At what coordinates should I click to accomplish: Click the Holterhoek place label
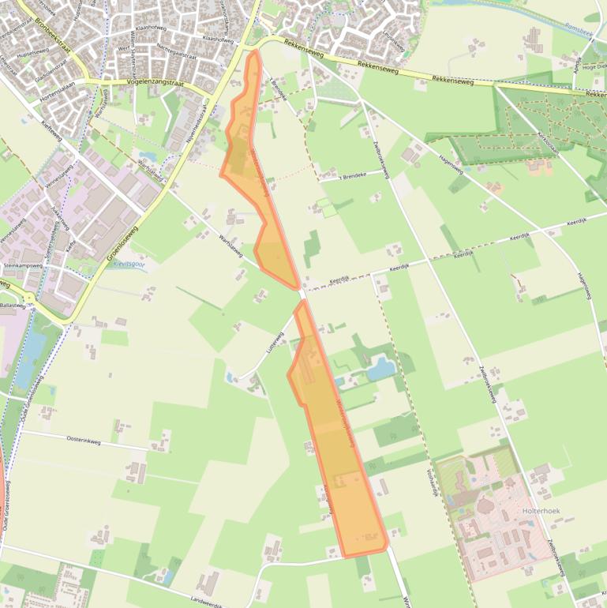(541, 512)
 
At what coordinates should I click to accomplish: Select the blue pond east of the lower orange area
(382, 368)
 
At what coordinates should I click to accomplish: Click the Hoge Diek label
(595, 67)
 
